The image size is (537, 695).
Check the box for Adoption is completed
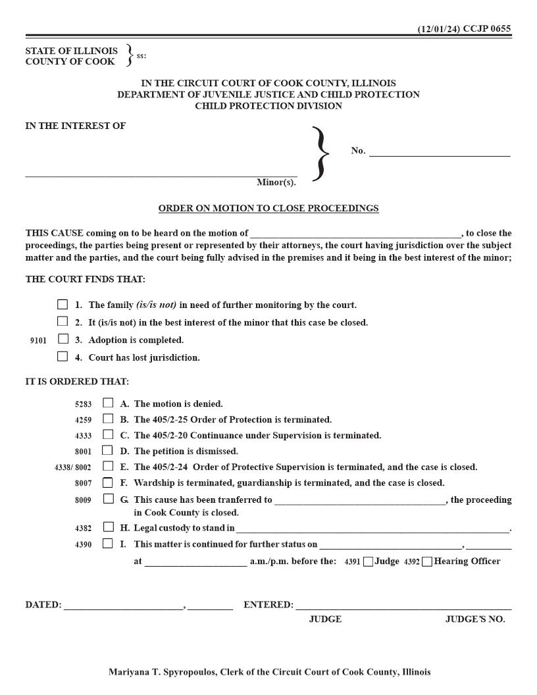pyautogui.click(x=63, y=340)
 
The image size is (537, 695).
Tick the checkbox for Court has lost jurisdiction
pyautogui.click(x=63, y=357)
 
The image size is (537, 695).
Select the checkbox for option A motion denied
pyautogui.click(x=108, y=403)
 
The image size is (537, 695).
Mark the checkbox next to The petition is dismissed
pyautogui.click(x=107, y=451)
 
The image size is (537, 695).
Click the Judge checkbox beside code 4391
pyautogui.click(x=368, y=561)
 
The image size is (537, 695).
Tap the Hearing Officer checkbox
pyautogui.click(x=428, y=561)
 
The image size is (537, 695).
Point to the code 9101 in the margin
pyautogui.click(x=38, y=341)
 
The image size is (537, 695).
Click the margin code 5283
pyautogui.click(x=84, y=404)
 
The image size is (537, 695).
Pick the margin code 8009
pyautogui.click(x=84, y=500)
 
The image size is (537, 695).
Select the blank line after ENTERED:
pyautogui.click(x=403, y=605)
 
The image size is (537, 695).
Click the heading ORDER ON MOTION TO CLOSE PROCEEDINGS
pyautogui.click(x=268, y=209)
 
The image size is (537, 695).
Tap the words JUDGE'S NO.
pyautogui.click(x=474, y=619)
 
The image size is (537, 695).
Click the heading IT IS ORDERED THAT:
pyautogui.click(x=77, y=382)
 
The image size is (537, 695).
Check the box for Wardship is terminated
pyautogui.click(x=108, y=482)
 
